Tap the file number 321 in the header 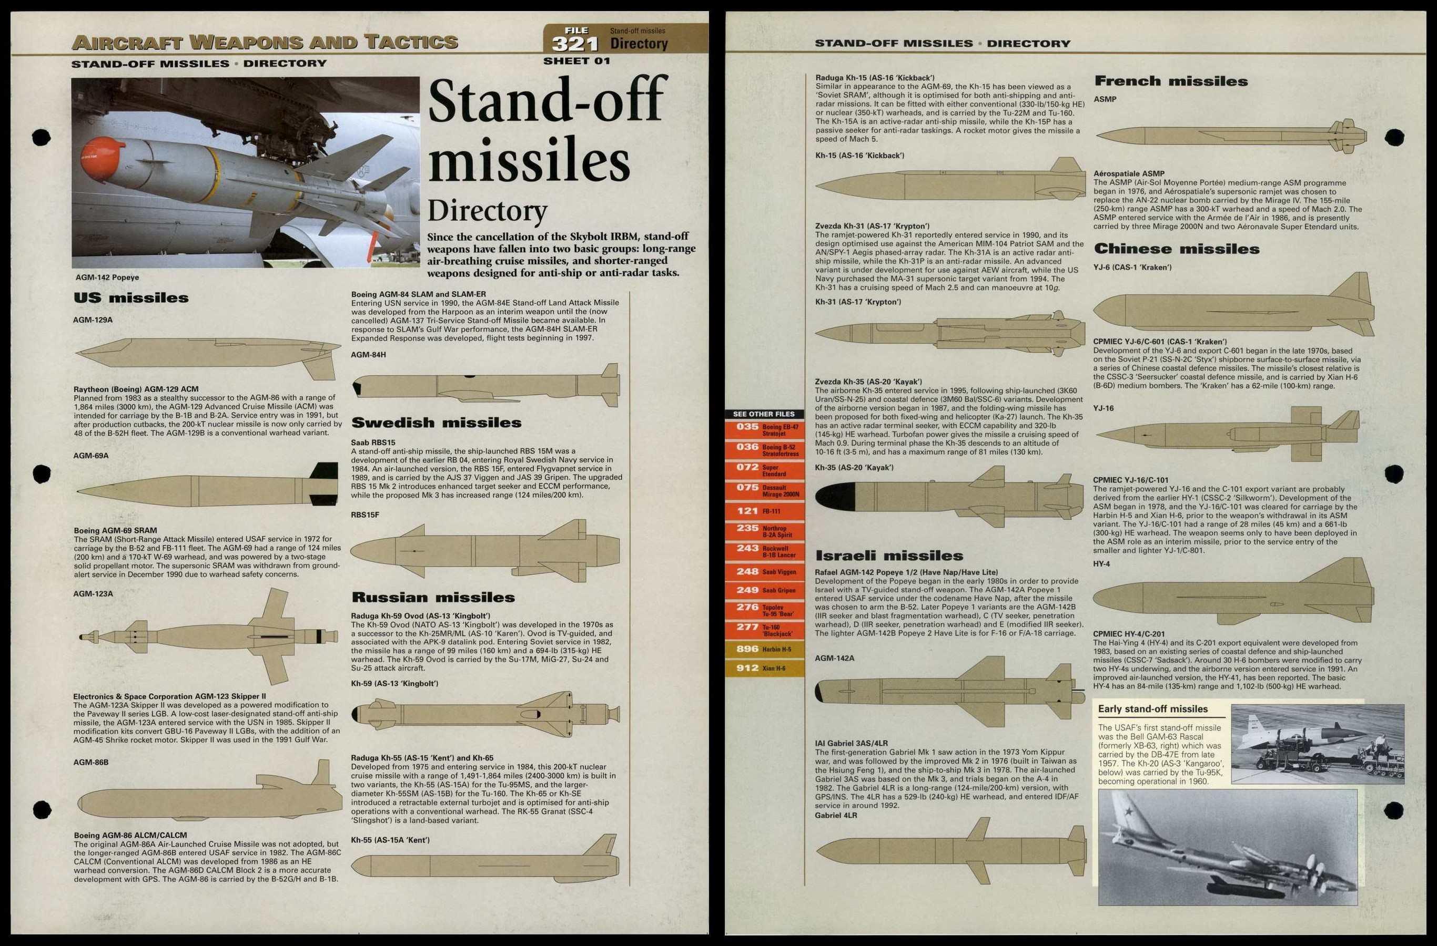click(x=575, y=44)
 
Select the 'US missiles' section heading click(x=131, y=298)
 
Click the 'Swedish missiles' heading click(x=436, y=423)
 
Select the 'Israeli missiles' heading click(x=889, y=556)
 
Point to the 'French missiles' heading click(x=1171, y=81)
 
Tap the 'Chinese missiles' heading click(x=1176, y=249)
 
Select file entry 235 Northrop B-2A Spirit click(x=764, y=531)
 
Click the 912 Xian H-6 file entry click(x=764, y=668)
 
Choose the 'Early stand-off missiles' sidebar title click(x=1152, y=709)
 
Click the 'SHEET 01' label click(x=576, y=61)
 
